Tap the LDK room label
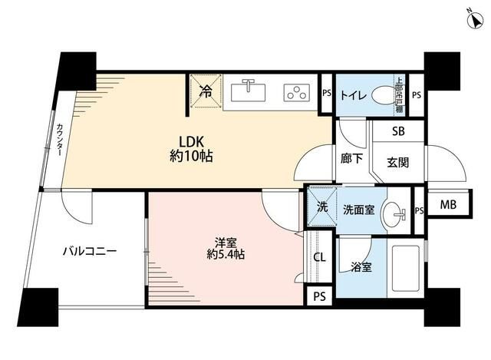point(191,141)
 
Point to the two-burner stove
point(295,91)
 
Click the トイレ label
point(352,95)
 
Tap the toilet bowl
point(383,97)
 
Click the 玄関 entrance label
point(397,162)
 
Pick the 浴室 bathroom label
point(361,268)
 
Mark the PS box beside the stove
point(326,94)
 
